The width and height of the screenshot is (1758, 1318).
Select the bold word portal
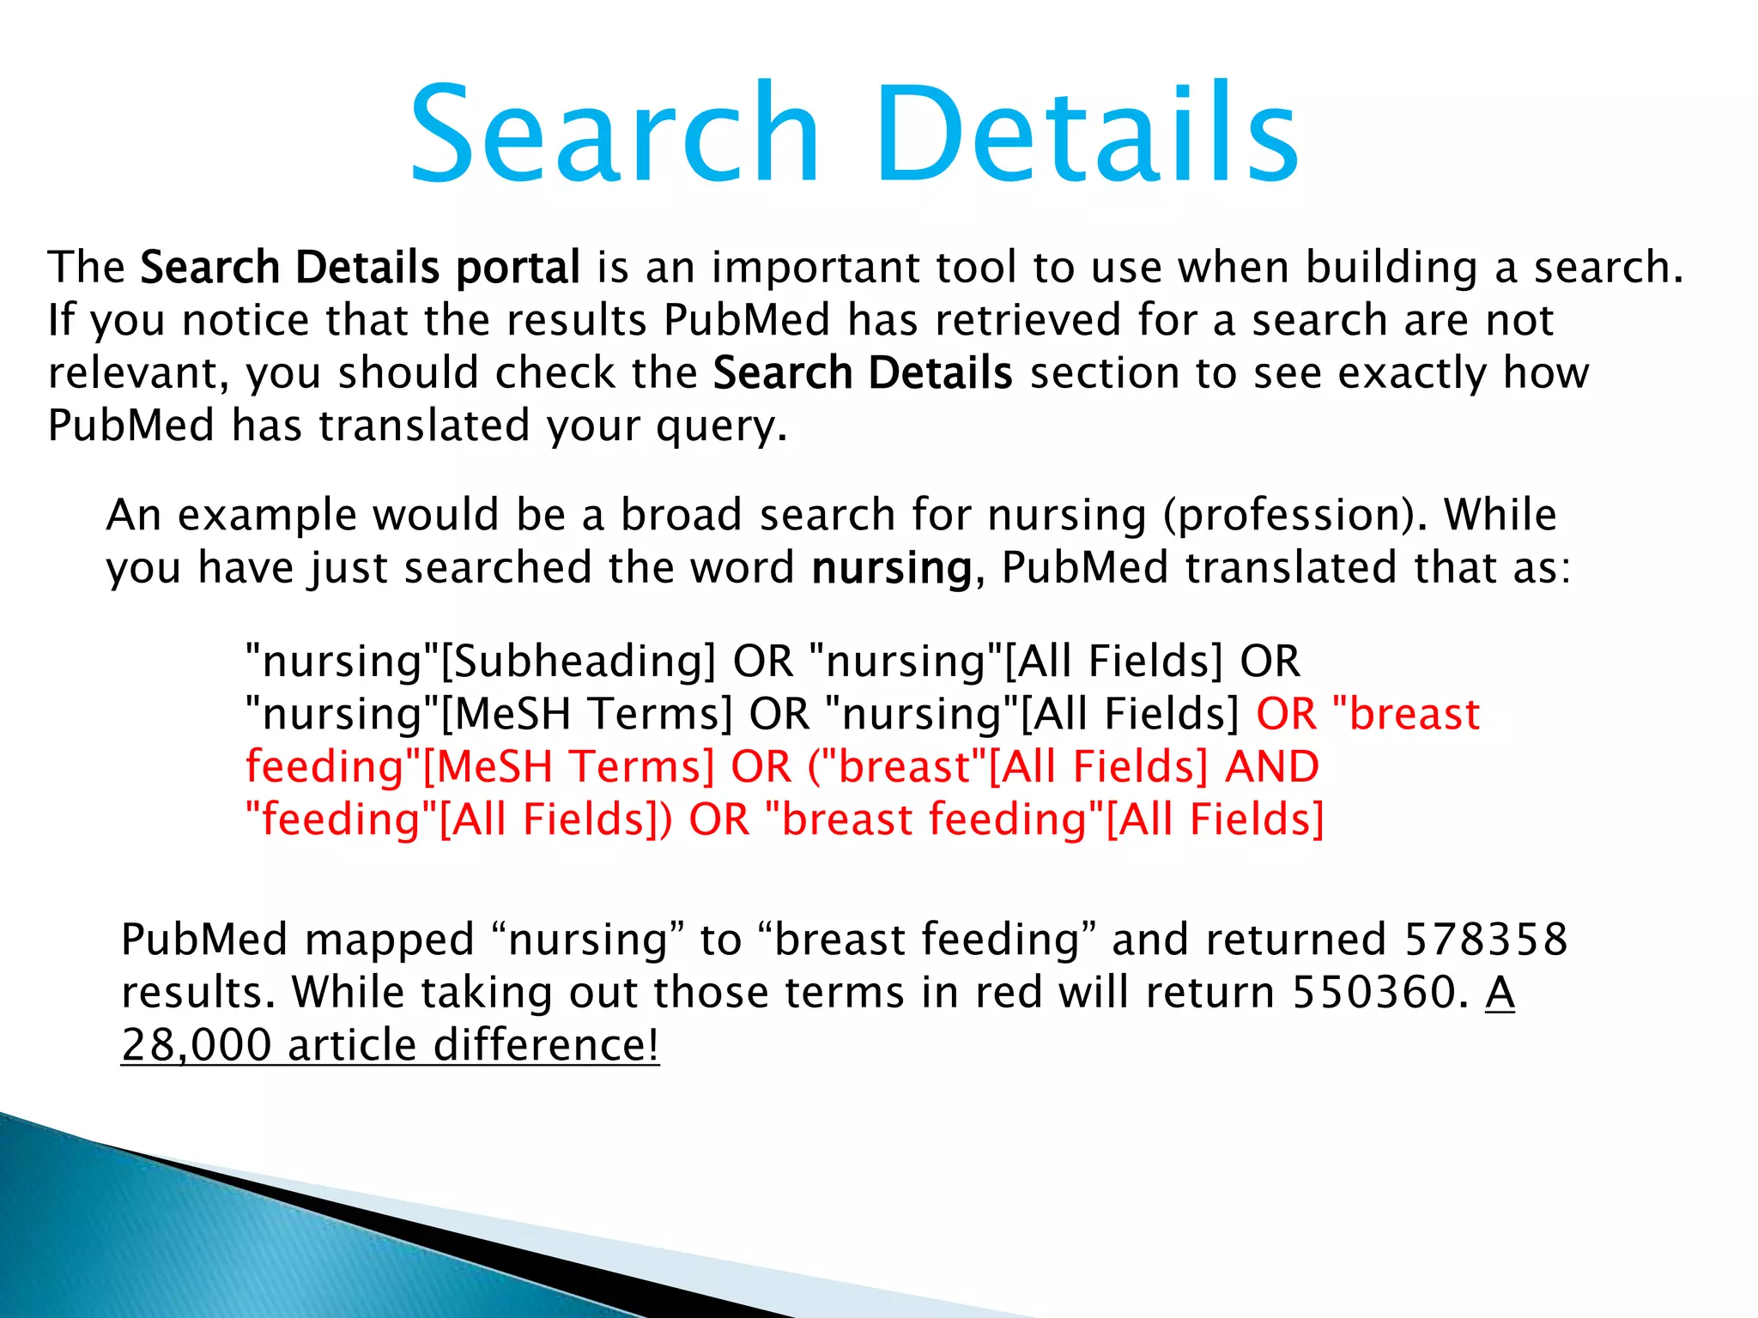tap(518, 268)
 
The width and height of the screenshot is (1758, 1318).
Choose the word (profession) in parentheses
tap(1292, 516)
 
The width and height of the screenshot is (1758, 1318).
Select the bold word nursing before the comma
tap(891, 568)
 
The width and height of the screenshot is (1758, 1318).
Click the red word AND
tap(1272, 766)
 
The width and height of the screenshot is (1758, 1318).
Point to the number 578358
tap(1486, 940)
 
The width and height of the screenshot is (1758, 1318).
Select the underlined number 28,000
tap(197, 1045)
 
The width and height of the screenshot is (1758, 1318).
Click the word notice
tap(245, 320)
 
